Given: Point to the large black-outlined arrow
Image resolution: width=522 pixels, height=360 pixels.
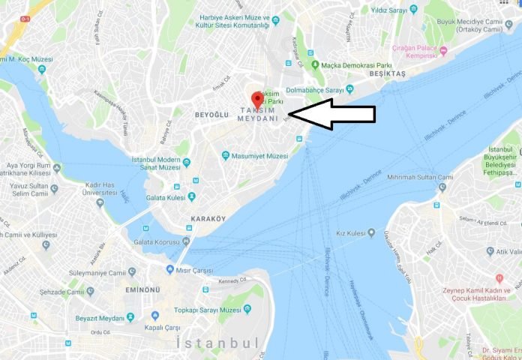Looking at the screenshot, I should pyautogui.click(x=332, y=114).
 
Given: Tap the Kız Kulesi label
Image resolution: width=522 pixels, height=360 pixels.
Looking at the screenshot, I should pyautogui.click(x=350, y=233).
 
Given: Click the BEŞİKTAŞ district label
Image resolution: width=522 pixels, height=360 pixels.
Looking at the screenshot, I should pyautogui.click(x=388, y=74).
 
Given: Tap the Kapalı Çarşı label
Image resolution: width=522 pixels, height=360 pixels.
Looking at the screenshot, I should pyautogui.click(x=176, y=328).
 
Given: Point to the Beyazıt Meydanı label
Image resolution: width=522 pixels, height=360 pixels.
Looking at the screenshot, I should pyautogui.click(x=99, y=318).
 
